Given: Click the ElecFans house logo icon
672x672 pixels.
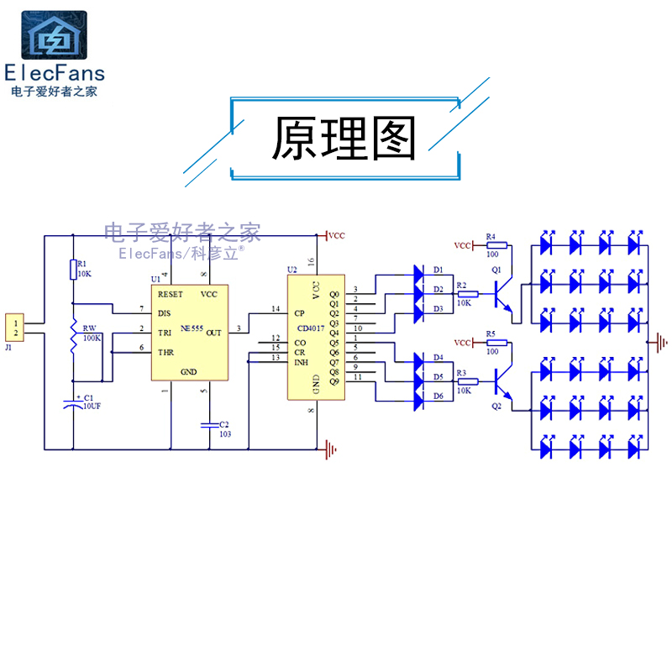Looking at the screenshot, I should tap(54, 35).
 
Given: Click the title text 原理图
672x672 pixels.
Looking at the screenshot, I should tap(344, 139).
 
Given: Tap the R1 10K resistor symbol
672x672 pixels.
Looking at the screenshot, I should tap(73, 270).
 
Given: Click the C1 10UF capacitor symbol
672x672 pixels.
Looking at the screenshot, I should tap(73, 406).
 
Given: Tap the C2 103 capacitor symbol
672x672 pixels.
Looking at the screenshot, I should tap(205, 426).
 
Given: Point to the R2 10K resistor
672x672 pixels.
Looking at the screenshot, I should tap(468, 294).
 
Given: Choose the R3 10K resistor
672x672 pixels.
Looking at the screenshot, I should tap(468, 381).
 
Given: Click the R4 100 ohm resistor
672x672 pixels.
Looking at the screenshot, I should tap(493, 245).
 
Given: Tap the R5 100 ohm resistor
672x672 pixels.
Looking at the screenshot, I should tap(493, 344).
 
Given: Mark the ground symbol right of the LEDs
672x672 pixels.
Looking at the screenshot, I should tap(662, 341).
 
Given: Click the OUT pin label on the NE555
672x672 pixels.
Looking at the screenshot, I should tap(213, 332).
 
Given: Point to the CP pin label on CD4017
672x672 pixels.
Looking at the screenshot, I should tap(299, 312).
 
